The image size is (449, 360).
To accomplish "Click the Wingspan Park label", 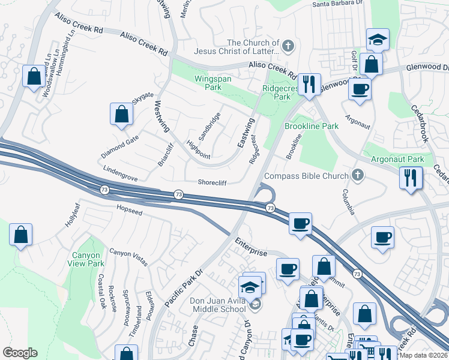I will tap(208, 83).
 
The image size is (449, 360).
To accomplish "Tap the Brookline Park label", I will tap(312, 126).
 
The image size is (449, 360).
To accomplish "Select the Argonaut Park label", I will tap(397, 159).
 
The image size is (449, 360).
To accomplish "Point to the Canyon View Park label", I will tap(88, 259).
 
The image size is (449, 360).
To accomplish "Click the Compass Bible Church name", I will tap(306, 176).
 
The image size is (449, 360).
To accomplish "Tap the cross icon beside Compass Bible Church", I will tap(358, 176).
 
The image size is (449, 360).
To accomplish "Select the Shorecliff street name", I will tap(213, 183).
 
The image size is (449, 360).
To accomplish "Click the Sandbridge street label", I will tap(209, 126).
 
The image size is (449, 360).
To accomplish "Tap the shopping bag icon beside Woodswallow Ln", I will tap(34, 76).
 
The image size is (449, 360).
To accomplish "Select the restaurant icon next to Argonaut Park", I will tap(411, 178).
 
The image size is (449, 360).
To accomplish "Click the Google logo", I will tap(20, 353).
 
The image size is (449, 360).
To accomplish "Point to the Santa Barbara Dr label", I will tap(337, 3).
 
